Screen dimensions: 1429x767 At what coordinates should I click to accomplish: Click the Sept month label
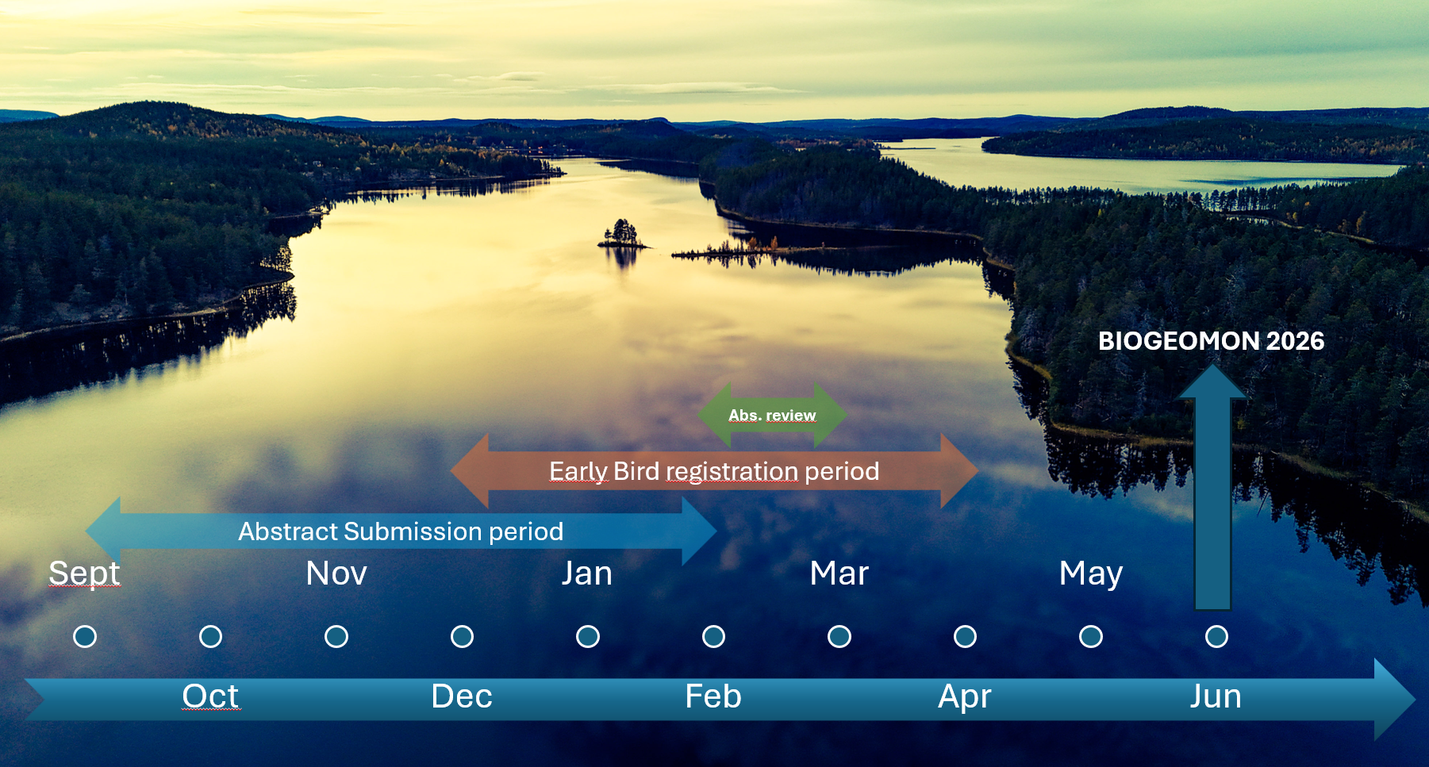point(84,573)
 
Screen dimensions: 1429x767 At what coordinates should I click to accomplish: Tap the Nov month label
point(336,573)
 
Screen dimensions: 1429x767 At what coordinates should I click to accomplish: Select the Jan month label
point(587,573)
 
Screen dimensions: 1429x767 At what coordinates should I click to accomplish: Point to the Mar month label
point(839,573)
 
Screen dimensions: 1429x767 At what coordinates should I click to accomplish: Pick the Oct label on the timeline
point(210,696)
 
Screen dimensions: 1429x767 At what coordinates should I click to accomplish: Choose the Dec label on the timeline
point(462,696)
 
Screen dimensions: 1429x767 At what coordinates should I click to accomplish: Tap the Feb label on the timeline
point(713,696)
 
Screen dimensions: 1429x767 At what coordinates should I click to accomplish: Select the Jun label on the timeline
point(1216,696)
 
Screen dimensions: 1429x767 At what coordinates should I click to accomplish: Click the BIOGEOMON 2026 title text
point(1212,341)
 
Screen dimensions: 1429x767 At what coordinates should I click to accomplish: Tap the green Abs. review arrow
point(772,415)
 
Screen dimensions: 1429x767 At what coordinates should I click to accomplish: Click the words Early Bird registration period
point(714,471)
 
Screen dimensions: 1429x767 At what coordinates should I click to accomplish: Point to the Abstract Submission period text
point(401,531)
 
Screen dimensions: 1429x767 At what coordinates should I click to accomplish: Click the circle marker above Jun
point(1216,636)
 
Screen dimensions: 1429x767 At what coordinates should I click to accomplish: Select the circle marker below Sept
point(85,636)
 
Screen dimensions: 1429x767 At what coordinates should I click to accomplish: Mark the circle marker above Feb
point(713,636)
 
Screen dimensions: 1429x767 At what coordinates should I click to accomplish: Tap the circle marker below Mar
point(839,636)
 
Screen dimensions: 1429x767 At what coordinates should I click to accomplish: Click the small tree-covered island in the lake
point(621,235)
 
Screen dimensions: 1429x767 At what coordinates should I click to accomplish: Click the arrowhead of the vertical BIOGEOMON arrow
point(1212,381)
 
